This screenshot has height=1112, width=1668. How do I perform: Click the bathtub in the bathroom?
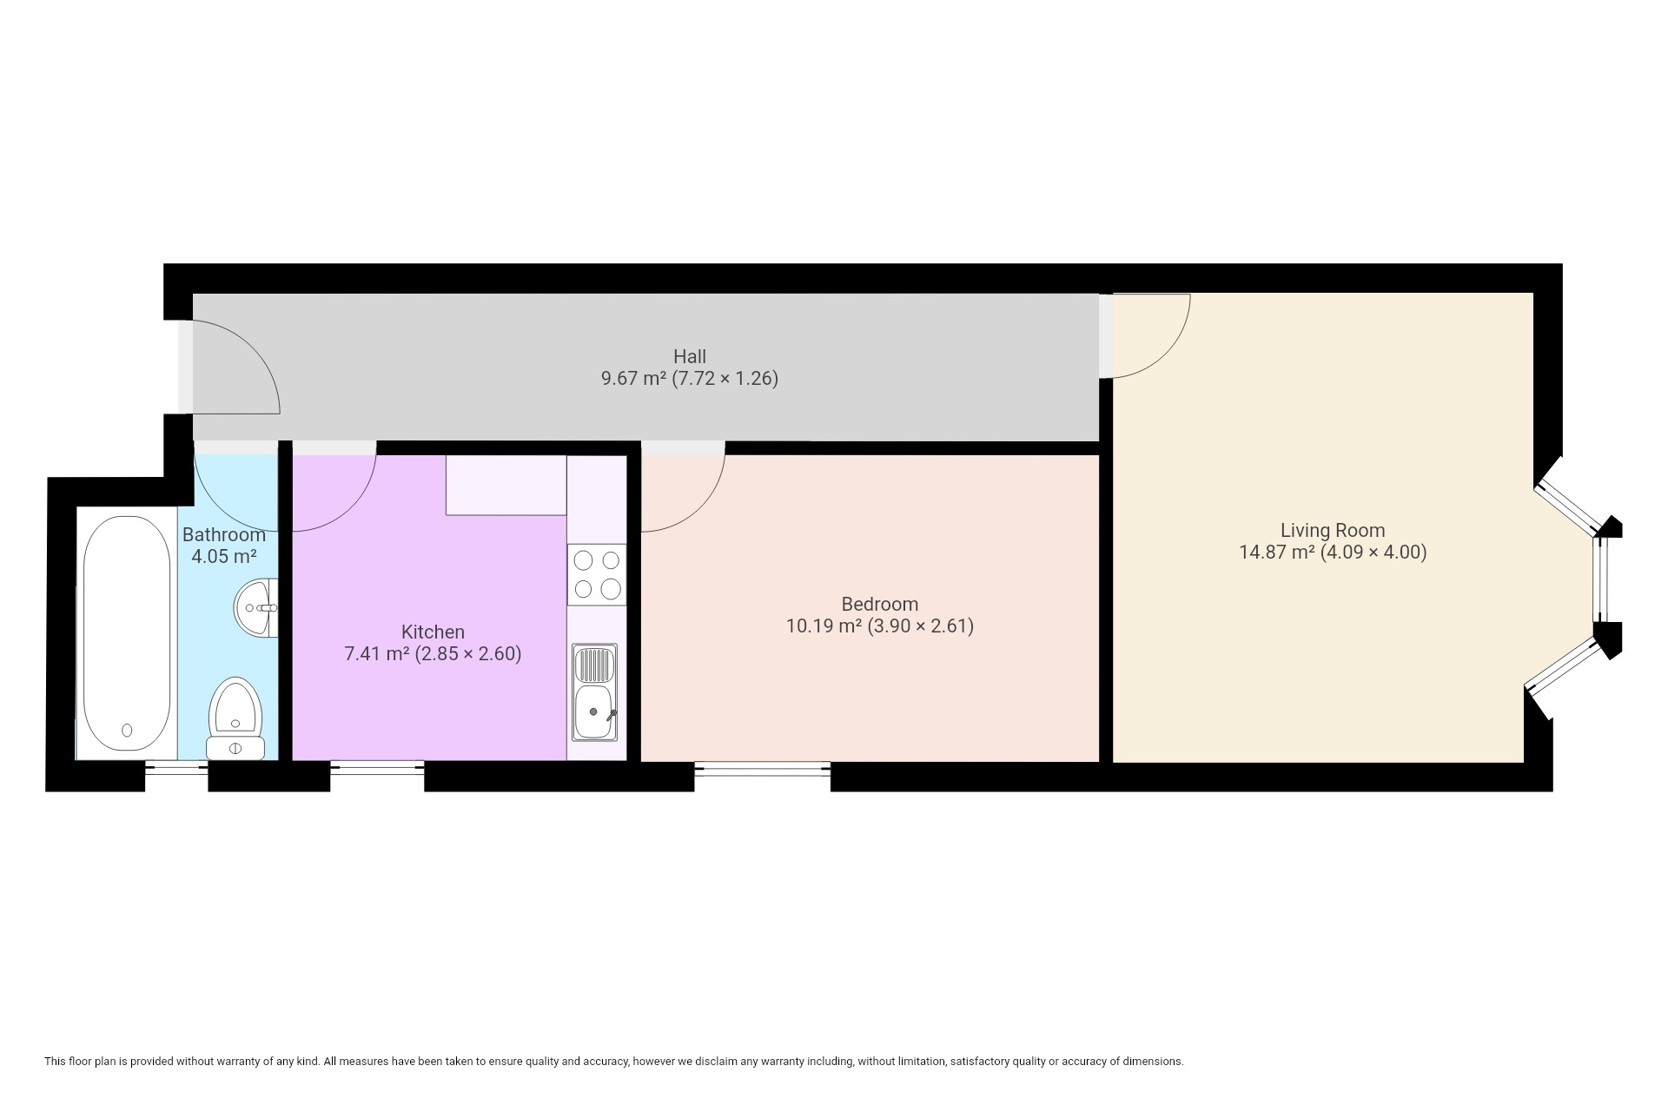pos(127,633)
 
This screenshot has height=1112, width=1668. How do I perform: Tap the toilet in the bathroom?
pos(235,718)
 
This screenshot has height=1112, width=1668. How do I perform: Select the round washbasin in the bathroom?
pos(256,608)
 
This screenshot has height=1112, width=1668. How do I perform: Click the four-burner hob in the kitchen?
pos(597,574)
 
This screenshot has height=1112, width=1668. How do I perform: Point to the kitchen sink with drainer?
pos(595,692)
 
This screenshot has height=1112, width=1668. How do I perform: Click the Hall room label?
pos(690,356)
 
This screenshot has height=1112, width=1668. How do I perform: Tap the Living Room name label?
pos(1333,530)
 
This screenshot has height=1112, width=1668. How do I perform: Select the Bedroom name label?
pos(880,604)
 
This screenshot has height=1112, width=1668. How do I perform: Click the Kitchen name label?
pos(433,632)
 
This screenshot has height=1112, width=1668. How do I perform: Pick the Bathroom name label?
pos(224,534)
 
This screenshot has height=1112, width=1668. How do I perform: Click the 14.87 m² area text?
pos(1276,553)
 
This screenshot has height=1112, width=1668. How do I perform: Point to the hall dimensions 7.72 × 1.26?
pos(725,379)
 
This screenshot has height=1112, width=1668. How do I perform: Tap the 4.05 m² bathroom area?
pos(224,556)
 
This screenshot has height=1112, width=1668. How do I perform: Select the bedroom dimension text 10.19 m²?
pos(824,625)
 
